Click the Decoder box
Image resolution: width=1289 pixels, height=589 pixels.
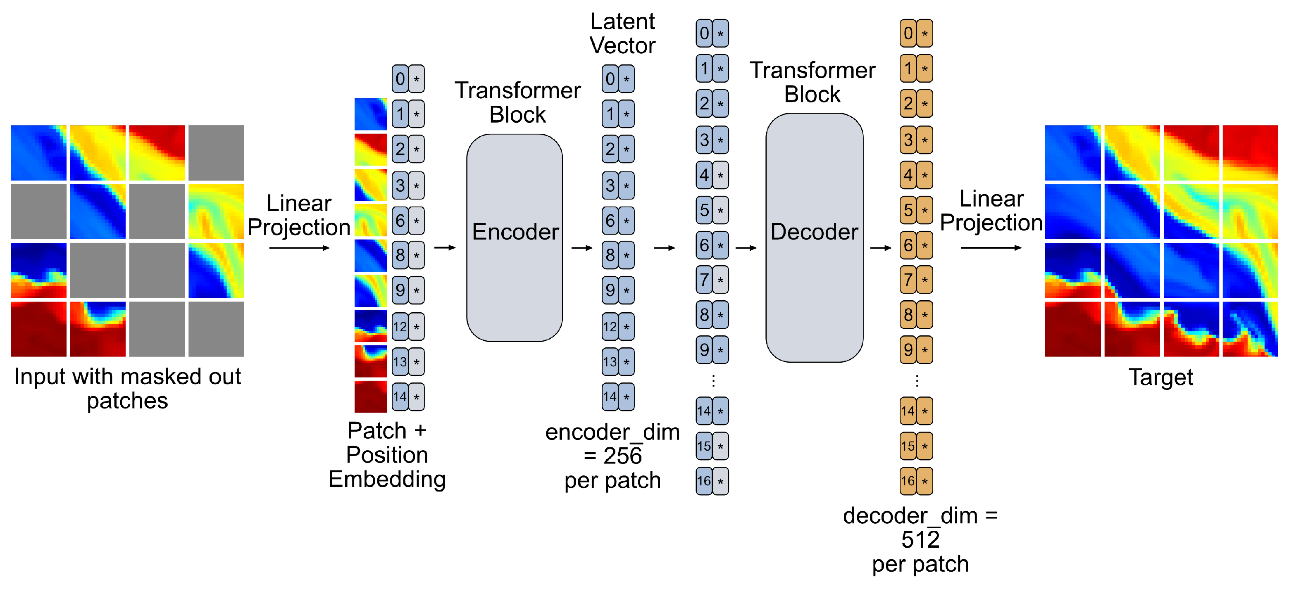(814, 237)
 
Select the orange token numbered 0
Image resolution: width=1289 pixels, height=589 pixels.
(916, 33)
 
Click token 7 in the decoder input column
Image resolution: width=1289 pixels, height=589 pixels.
(712, 280)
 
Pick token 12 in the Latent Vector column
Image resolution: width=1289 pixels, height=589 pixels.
(617, 326)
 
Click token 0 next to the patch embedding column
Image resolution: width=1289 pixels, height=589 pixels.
(408, 78)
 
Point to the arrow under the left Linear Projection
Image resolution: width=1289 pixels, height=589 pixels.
(299, 247)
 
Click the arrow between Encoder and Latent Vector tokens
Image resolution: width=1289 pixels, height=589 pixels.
(581, 247)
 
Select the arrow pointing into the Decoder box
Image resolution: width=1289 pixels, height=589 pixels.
(746, 247)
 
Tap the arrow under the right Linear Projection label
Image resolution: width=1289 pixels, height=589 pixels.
(990, 247)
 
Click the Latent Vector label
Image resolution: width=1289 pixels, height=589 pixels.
(622, 33)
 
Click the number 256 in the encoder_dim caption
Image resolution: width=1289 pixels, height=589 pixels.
(622, 456)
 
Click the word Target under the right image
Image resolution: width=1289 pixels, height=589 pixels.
(1160, 378)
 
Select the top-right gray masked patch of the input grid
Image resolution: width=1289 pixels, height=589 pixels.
(216, 152)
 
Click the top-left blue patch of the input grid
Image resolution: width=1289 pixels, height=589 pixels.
(38, 152)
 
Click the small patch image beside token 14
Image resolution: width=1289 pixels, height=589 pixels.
(370, 397)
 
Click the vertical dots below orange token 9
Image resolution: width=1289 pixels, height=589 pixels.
(916, 381)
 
